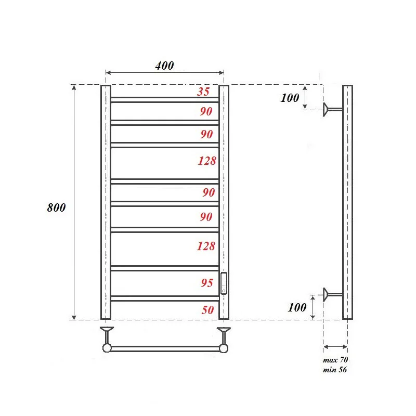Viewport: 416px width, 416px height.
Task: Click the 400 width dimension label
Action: pos(164,66)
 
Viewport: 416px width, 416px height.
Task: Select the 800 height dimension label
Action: pos(56,207)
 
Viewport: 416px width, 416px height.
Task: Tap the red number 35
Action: pos(203,92)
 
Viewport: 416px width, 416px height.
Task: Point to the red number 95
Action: pos(206,283)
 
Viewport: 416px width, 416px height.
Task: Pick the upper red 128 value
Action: pos(206,161)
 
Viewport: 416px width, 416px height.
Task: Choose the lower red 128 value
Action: pos(206,246)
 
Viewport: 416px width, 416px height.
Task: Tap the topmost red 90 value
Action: pos(206,111)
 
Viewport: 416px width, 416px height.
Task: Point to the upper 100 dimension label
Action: pos(290,98)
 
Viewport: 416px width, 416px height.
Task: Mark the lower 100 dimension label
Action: pos(297,307)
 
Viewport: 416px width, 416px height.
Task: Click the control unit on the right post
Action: pos(224,283)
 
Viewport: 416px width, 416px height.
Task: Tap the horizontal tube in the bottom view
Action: pos(165,348)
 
